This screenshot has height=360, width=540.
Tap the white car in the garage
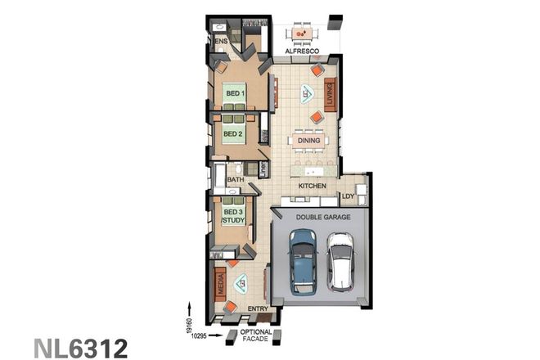coord(340,262)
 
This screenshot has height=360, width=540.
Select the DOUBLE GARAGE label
coord(322,217)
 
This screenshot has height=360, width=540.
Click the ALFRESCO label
coord(300,52)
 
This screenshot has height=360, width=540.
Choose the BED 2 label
coord(233,133)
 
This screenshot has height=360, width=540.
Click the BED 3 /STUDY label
coord(233,216)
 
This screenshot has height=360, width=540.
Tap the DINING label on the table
coord(308,141)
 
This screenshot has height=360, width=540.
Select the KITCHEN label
coord(312,186)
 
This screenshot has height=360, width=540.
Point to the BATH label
coord(236,179)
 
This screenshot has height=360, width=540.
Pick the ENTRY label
coord(258,308)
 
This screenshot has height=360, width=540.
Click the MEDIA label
coord(220,284)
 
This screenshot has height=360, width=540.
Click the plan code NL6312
coord(81,348)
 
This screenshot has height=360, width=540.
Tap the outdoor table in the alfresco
coord(302,34)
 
